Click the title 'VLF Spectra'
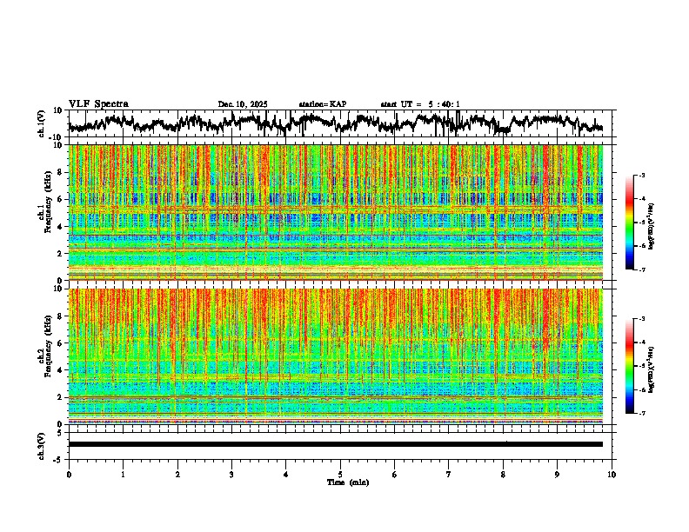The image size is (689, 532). tap(98, 104)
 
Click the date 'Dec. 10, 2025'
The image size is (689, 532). tap(243, 104)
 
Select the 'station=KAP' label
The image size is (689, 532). tap(323, 104)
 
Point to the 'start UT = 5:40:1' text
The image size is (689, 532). tap(420, 104)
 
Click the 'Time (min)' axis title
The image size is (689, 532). tap(347, 482)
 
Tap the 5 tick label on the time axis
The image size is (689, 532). tap(340, 475)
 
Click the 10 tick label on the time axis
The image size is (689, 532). tap(612, 475)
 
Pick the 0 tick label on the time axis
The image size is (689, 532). tap(69, 475)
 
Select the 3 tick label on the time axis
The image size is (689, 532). tap(231, 475)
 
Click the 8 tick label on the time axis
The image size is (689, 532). tap(503, 475)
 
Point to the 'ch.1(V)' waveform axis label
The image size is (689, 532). tap(41, 123)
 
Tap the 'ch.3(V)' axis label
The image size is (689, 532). tap(41, 444)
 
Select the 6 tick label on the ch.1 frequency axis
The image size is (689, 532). tap(59, 199)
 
